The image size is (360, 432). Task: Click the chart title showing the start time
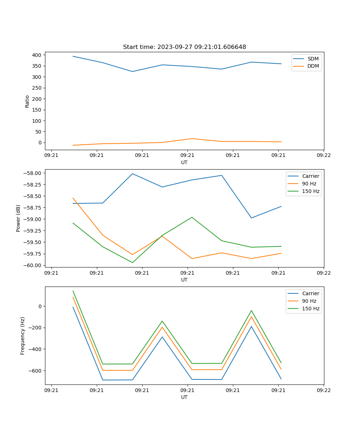pyautogui.click(x=184, y=47)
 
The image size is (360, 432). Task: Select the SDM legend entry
pyautogui.click(x=313, y=59)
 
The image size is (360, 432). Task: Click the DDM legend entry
pyautogui.click(x=313, y=66)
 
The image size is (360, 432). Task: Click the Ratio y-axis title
pyautogui.click(x=27, y=101)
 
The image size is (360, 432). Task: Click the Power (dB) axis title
pyautogui.click(x=18, y=218)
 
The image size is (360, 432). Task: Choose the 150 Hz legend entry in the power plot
pyautogui.click(x=311, y=191)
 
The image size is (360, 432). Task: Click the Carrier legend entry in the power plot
pyautogui.click(x=310, y=176)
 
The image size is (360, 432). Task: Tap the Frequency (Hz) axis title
pyautogui.click(x=23, y=336)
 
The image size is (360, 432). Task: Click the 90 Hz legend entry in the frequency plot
pyautogui.click(x=309, y=301)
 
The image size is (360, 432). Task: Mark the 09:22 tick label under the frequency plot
pyautogui.click(x=324, y=390)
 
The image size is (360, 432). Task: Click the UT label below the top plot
pyautogui.click(x=184, y=162)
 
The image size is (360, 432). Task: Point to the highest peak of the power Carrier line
pyautogui.click(x=132, y=174)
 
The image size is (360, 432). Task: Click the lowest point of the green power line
pyautogui.click(x=132, y=262)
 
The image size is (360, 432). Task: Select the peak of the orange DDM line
pyautogui.click(x=192, y=139)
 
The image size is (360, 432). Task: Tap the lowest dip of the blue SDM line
pyautogui.click(x=132, y=71)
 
